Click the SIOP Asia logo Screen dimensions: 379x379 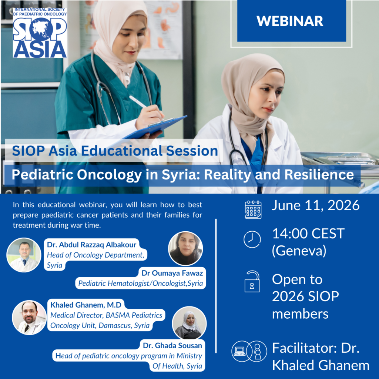point(40,33)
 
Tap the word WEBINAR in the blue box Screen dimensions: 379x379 point(290,21)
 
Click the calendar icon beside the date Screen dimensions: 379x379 point(253,209)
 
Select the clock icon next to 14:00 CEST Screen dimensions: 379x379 point(252,239)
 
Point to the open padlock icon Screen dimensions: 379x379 point(252,281)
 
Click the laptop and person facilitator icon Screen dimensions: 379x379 point(249,351)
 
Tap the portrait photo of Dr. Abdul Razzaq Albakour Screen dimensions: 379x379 point(24,255)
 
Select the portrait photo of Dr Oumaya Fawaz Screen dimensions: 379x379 point(185,248)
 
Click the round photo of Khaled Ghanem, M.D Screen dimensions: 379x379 point(29,318)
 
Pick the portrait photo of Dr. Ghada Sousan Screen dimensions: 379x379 point(189,323)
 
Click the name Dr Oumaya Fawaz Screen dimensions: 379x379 point(172,273)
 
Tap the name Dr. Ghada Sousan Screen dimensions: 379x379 point(172,346)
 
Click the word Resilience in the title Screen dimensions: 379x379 point(319,175)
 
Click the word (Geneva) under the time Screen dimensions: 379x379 point(299,251)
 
